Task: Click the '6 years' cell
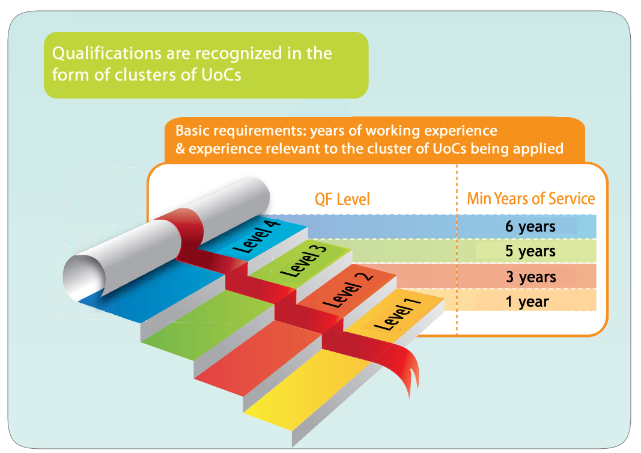pos(530,227)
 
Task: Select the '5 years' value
pos(530,251)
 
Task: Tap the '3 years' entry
pos(530,277)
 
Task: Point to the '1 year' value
pos(527,302)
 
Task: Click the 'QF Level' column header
pos(342,199)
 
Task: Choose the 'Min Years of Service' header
pos(530,199)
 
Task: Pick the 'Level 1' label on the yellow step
pos(396,313)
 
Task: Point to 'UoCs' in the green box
pos(221,75)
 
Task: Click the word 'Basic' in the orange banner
pos(193,130)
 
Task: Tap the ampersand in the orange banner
pos(180,148)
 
